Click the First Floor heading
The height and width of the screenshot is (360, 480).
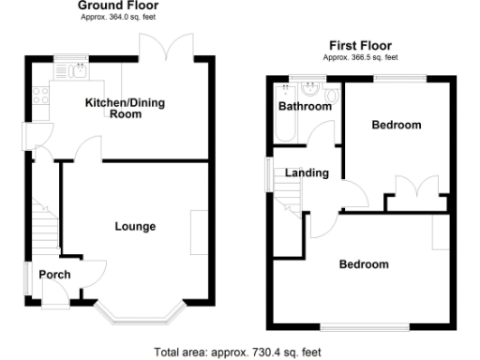click(x=360, y=45)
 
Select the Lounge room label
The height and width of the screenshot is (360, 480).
click(x=135, y=226)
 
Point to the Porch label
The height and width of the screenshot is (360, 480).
click(x=51, y=275)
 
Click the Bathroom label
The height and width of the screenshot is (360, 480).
click(x=305, y=107)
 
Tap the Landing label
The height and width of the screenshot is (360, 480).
click(x=307, y=173)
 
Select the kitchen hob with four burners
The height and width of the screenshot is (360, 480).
click(x=40, y=94)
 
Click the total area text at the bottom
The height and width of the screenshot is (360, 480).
click(x=238, y=352)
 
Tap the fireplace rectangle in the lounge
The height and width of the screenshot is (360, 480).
click(x=197, y=232)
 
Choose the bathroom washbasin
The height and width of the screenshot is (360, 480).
click(x=309, y=91)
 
